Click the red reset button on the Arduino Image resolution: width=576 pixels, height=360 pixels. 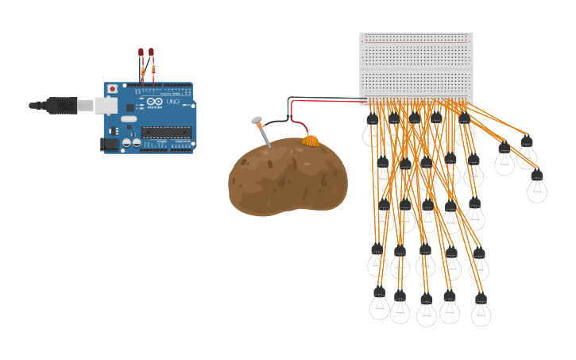(112, 88)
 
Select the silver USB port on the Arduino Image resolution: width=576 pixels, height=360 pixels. (106, 105)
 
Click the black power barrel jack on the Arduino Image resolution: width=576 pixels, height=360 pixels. (109, 144)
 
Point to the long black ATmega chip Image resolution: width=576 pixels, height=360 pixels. (166, 132)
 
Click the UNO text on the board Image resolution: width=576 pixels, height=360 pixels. (172, 102)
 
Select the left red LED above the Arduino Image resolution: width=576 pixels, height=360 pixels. (141, 52)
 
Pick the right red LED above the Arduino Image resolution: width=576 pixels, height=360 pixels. (151, 52)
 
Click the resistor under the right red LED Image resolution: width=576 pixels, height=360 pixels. (153, 71)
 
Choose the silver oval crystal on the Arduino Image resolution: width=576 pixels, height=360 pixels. (129, 119)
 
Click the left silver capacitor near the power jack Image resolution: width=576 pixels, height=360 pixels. (126, 143)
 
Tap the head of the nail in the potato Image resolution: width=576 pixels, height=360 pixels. (257, 121)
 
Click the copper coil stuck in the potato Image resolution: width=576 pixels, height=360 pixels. (311, 141)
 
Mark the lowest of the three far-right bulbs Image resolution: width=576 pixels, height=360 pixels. (537, 187)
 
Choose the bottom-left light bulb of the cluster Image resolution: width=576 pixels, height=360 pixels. (380, 304)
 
